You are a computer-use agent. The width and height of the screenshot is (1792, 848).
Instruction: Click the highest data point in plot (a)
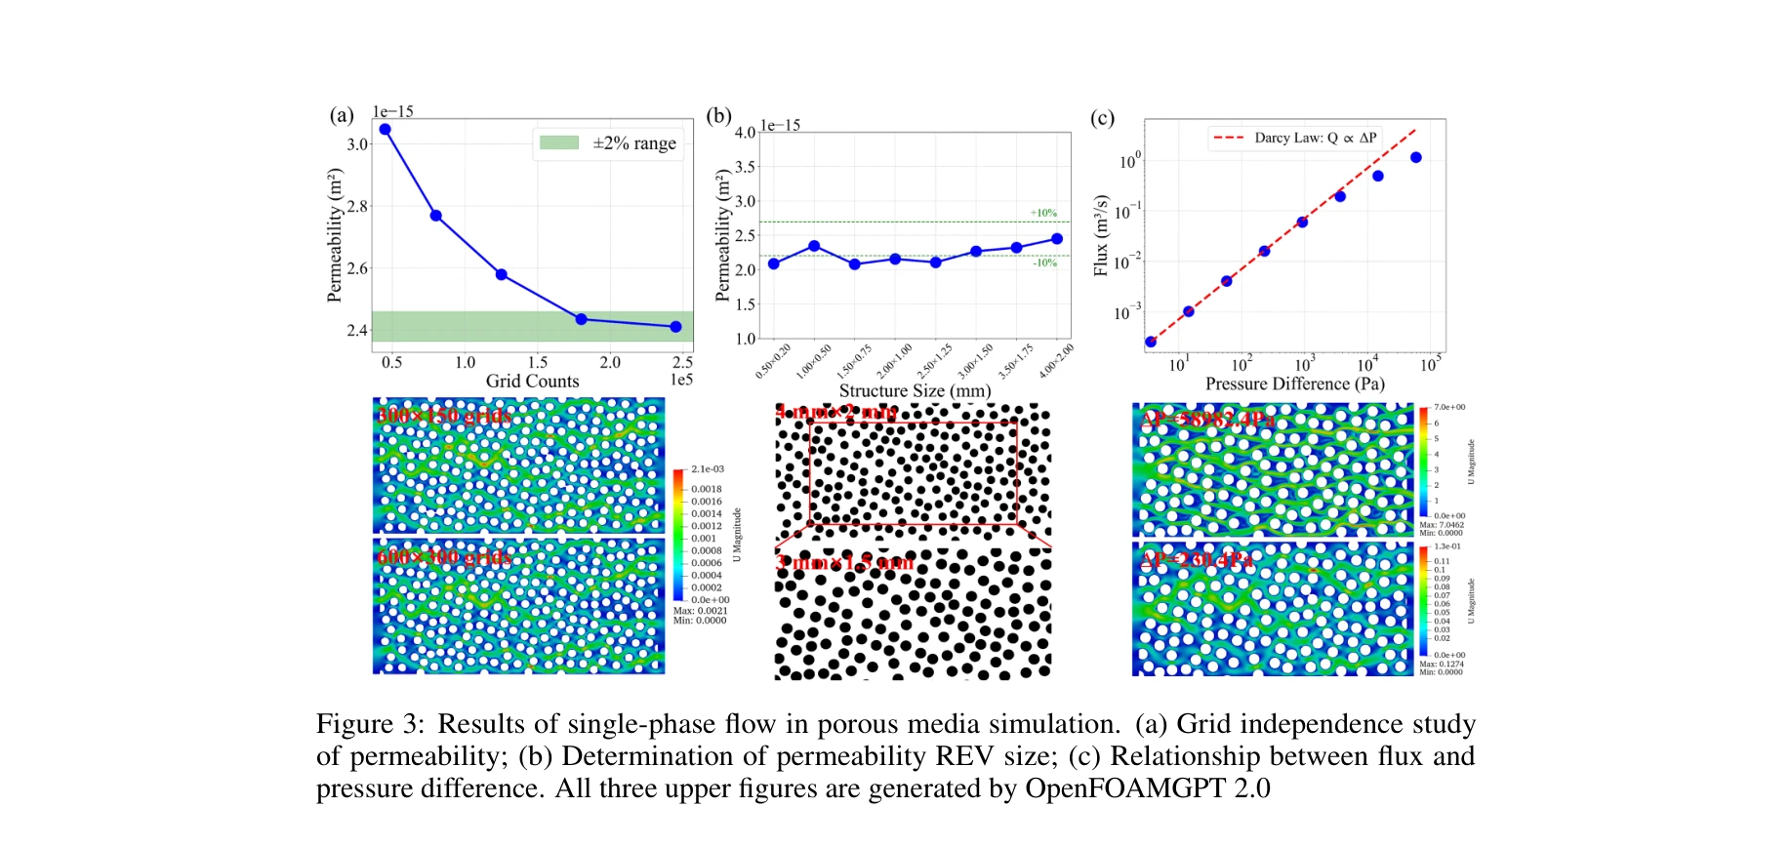tap(385, 129)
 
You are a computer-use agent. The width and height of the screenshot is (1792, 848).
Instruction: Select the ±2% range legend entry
tap(608, 143)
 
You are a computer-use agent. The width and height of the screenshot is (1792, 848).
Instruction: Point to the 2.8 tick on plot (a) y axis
tap(357, 206)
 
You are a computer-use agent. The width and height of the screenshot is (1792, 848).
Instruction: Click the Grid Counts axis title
tap(532, 382)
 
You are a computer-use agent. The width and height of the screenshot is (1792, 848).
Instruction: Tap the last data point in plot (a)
tap(676, 327)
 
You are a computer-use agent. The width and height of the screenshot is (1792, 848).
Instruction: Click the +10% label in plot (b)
tap(1043, 213)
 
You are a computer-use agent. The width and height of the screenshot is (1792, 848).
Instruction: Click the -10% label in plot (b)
tap(1044, 262)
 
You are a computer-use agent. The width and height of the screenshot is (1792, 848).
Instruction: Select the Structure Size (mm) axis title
tap(915, 390)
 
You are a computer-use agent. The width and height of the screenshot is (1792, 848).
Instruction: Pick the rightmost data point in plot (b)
tap(1056, 239)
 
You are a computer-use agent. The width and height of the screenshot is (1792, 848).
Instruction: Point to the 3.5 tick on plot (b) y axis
tap(745, 167)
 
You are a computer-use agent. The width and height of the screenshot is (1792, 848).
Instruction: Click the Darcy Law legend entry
tap(1295, 138)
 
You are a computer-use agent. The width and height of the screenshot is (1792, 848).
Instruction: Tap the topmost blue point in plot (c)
tap(1415, 157)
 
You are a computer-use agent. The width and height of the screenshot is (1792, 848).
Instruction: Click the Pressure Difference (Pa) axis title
tap(1294, 384)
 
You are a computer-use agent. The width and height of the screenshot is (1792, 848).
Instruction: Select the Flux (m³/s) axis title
tap(1101, 235)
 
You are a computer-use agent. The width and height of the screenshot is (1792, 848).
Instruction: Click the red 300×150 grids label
tap(444, 416)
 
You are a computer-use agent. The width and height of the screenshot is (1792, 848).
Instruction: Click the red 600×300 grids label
tap(444, 557)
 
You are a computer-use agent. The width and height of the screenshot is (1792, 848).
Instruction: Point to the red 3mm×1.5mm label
tap(844, 563)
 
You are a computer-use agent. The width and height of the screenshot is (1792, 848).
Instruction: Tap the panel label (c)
tap(1101, 118)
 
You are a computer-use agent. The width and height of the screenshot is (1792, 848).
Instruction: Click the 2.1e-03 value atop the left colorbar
tap(708, 469)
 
